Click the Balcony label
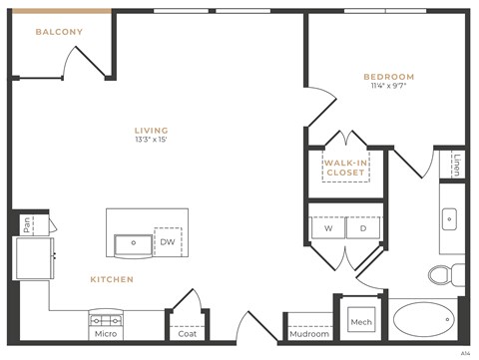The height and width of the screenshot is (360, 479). coord(59,32)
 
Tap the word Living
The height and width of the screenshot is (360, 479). coord(152,131)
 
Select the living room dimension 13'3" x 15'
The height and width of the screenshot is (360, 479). coord(152,141)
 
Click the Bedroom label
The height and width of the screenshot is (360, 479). coord(388,77)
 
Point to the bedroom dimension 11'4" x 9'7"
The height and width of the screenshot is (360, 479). coord(388,87)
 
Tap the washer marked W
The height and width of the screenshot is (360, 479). coord(327,228)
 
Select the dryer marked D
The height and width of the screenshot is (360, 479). coord(363,228)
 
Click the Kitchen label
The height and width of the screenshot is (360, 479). coord(112,280)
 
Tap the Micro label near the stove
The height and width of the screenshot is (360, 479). coord(107,334)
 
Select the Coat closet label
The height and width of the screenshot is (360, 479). coord(187,334)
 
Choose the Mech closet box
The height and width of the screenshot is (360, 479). coord(360,322)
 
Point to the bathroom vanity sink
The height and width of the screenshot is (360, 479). coord(450,217)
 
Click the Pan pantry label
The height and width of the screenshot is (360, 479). coord(28,225)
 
